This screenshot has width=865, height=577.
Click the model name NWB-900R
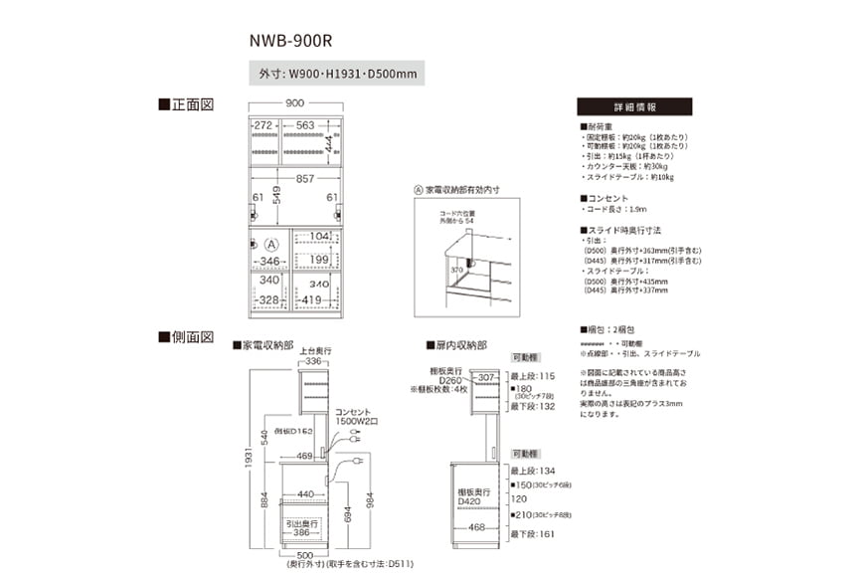coord(289,42)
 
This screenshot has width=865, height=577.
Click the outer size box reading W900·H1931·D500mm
coord(337,74)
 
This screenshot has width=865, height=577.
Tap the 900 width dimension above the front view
coord(294,103)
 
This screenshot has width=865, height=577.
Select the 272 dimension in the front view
coord(262,125)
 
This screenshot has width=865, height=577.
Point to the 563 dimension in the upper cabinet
coord(304,125)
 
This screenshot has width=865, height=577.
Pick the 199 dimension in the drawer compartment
coord(318,261)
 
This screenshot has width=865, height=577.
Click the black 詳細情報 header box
coord(634,106)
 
